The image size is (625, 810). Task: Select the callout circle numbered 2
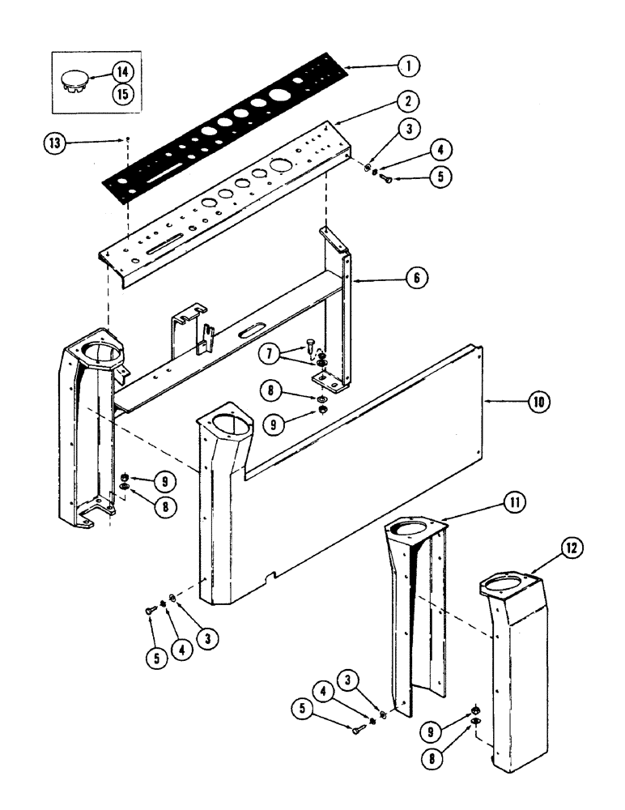point(407,102)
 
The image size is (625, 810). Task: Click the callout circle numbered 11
point(512,504)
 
